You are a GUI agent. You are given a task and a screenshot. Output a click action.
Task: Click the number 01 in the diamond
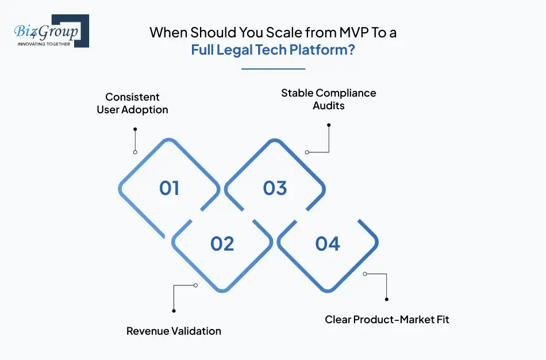click(169, 188)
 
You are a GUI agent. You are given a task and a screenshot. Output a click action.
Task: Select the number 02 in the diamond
click(222, 244)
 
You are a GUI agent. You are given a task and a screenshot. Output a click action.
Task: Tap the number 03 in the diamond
click(275, 188)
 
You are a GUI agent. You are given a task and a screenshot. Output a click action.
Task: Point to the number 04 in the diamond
click(328, 244)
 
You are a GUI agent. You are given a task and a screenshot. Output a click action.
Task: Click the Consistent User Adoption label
click(132, 104)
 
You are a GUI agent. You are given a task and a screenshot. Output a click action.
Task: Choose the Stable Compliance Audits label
click(328, 99)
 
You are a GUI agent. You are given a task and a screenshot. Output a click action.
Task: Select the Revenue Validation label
click(174, 331)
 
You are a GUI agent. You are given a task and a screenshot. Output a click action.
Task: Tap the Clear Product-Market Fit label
click(387, 319)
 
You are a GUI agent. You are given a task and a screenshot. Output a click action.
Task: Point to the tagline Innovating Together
click(44, 44)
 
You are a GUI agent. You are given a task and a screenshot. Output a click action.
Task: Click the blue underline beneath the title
click(273, 69)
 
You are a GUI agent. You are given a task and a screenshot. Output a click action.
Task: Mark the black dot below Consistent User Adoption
click(134, 129)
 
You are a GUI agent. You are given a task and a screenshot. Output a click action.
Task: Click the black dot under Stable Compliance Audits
click(329, 124)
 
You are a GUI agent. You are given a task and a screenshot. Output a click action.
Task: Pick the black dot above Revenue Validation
click(174, 311)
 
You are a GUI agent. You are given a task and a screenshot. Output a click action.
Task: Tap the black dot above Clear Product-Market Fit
click(387, 299)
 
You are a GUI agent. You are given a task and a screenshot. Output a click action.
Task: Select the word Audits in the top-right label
click(328, 105)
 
